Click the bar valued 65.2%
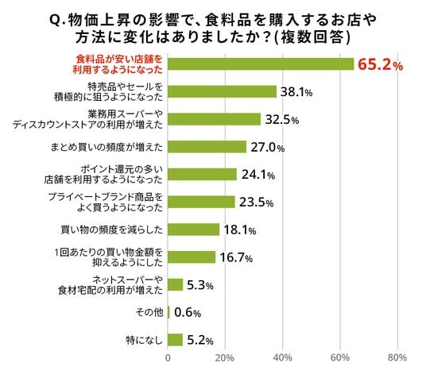tap(261, 64)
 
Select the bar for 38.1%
tap(222, 91)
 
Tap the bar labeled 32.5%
tap(214, 119)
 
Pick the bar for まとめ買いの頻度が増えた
tap(207, 147)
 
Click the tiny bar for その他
tap(168, 312)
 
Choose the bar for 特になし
tap(175, 340)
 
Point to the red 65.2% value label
tap(381, 65)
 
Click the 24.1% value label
tap(258, 175)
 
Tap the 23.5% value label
tap(256, 202)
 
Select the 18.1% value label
tap(240, 230)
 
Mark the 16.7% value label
tap(236, 258)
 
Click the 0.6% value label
tap(188, 313)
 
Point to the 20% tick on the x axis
tap(224, 357)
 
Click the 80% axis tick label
tap(397, 357)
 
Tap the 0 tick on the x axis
tap(168, 357)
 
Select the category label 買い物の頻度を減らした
tap(111, 230)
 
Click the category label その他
tap(149, 312)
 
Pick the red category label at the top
tap(118, 64)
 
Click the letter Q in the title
tap(55, 20)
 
